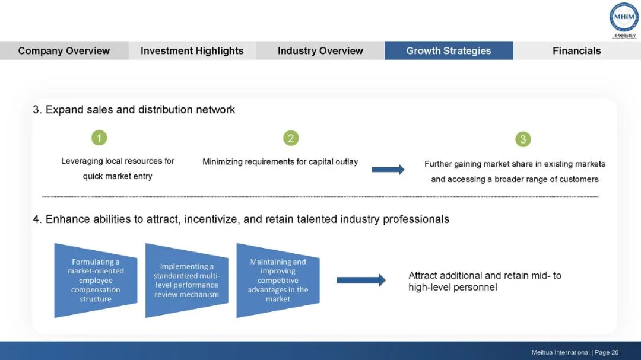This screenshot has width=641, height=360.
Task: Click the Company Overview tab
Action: (64, 50)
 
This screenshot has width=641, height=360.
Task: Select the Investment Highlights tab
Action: (192, 50)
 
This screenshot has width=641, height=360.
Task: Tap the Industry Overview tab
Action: (320, 50)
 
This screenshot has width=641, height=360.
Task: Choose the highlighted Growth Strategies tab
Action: (449, 50)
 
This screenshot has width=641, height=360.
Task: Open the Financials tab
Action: (576, 50)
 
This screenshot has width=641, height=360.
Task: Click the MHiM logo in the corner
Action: (624, 18)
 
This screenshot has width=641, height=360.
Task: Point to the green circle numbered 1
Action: (99, 138)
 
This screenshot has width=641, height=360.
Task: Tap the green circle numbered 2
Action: (290, 138)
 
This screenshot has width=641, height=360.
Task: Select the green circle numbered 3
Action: (523, 139)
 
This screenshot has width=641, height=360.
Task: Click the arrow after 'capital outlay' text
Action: (388, 170)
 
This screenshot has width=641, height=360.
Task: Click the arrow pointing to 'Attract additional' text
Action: (361, 281)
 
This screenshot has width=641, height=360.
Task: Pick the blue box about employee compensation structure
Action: (96, 281)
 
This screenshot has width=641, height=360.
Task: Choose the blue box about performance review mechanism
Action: (186, 281)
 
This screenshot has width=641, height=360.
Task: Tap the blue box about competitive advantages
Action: (278, 281)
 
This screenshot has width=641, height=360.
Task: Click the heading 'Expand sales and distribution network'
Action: (140, 110)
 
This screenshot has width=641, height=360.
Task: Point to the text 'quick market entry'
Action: (118, 176)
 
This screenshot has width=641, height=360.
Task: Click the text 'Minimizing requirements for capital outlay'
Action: (280, 161)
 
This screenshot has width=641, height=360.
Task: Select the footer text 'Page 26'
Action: (607, 352)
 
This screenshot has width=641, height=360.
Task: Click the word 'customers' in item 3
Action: (577, 179)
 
